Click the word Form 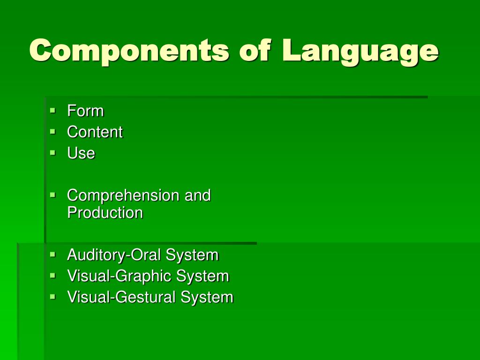click(x=85, y=111)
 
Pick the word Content click(x=95, y=132)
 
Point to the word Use click(x=81, y=153)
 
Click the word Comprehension click(x=123, y=195)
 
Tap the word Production click(x=105, y=213)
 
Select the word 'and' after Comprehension click(x=197, y=195)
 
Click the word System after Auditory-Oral click(x=193, y=255)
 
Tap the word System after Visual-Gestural click(x=207, y=297)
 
